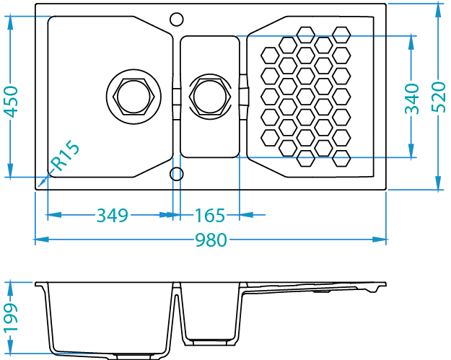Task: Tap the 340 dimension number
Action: click(x=412, y=98)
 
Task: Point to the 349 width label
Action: click(x=112, y=215)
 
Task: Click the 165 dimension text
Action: click(x=210, y=215)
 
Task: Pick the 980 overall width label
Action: click(x=211, y=240)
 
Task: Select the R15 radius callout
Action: click(x=66, y=156)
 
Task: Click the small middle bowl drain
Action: click(x=209, y=95)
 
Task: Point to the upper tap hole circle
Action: click(x=176, y=17)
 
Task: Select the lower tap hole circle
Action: click(x=176, y=174)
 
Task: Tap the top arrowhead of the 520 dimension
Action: click(x=438, y=9)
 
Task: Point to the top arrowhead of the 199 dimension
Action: click(x=10, y=287)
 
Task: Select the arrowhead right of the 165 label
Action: click(x=245, y=215)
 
